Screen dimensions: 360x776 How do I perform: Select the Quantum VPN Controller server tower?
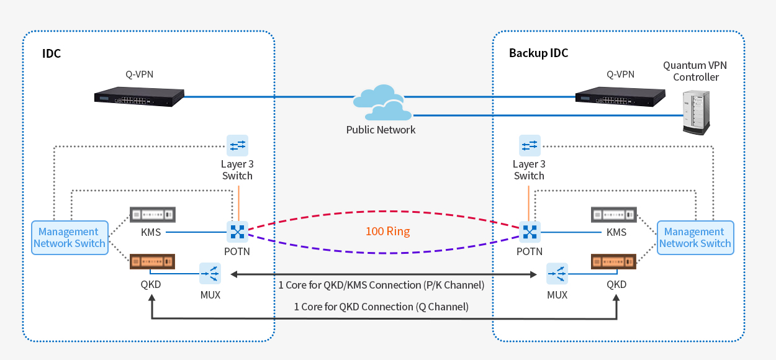(x=696, y=112)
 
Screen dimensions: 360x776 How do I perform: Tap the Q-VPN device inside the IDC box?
(x=139, y=96)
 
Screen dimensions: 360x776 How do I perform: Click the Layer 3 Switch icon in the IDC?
(x=237, y=145)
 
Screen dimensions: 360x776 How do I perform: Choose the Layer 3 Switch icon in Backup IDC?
(x=530, y=145)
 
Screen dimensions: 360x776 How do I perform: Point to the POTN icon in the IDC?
(x=237, y=232)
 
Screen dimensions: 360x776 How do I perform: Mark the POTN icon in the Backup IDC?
(x=530, y=232)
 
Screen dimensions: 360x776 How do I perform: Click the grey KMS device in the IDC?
(x=153, y=215)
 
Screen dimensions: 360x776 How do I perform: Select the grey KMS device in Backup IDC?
(x=613, y=215)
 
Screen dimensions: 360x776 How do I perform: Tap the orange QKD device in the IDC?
(x=153, y=262)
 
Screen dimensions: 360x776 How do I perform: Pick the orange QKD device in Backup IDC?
(x=613, y=262)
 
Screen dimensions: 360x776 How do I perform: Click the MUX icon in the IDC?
(x=209, y=273)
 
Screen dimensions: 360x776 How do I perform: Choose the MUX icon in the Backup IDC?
(x=557, y=273)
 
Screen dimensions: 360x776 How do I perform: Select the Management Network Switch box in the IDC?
(x=70, y=238)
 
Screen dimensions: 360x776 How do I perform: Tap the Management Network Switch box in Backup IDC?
(x=695, y=238)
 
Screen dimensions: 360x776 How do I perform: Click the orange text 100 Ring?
(x=388, y=232)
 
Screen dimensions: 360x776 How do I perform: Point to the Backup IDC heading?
(x=538, y=53)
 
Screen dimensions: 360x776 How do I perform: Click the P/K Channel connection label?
(x=381, y=285)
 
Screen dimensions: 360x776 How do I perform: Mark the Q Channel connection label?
(x=381, y=307)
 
